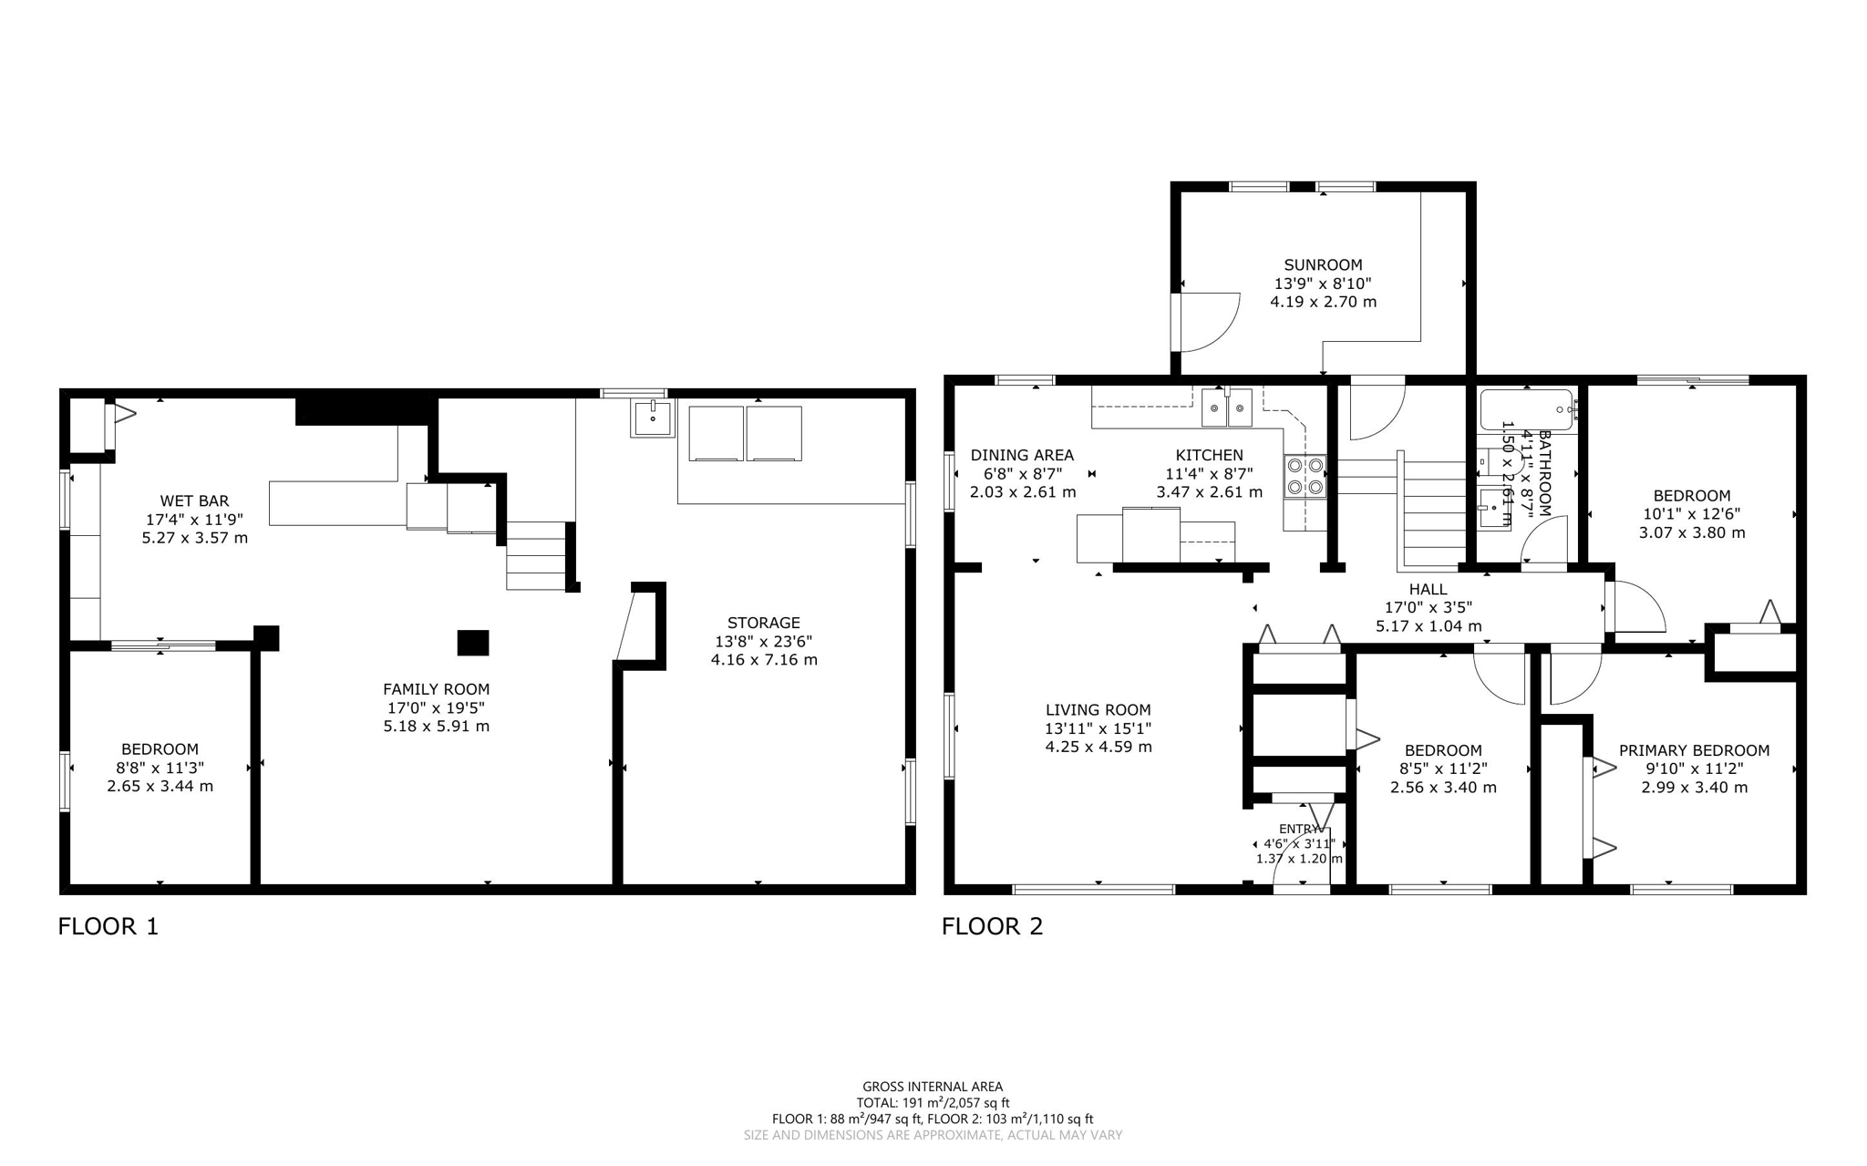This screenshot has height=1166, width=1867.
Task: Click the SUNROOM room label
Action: [1323, 265]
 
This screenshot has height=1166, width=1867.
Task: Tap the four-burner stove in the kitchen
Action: [1305, 476]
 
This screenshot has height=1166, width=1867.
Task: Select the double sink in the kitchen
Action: [1226, 408]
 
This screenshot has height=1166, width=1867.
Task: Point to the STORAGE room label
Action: [764, 623]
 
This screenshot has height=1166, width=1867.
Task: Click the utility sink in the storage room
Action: [652, 418]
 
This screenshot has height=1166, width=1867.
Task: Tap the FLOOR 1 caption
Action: [108, 926]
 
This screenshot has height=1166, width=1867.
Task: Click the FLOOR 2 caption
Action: [992, 926]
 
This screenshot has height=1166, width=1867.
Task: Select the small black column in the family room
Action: [472, 643]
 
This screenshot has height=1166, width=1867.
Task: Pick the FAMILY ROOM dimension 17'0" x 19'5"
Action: [436, 708]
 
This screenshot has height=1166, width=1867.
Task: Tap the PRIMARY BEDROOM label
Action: [1694, 750]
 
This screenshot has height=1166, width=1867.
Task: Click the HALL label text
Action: [1428, 589]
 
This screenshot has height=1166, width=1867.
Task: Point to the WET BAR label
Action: [194, 500]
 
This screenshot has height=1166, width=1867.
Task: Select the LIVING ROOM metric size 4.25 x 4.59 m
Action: [1098, 747]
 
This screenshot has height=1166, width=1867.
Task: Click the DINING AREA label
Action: [1022, 455]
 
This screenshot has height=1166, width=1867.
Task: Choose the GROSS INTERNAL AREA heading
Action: [933, 1086]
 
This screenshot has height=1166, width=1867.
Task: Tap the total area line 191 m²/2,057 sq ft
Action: [933, 1102]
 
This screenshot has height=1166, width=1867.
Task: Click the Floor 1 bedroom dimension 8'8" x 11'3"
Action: [160, 768]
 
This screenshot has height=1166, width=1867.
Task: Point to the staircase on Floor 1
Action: [536, 555]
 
